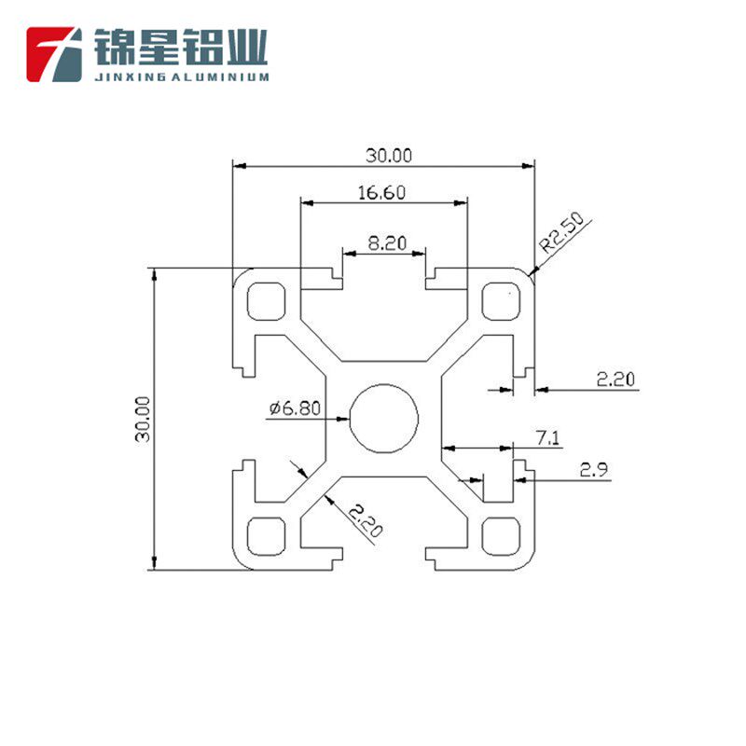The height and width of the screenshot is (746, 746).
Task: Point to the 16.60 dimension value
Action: click(x=381, y=193)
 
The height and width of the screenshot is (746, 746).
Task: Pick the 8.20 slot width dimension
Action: click(x=387, y=243)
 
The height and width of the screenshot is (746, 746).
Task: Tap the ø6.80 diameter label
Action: click(x=296, y=408)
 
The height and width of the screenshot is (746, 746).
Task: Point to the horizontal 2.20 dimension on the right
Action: click(x=615, y=379)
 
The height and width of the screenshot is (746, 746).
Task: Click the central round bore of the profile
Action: click(x=384, y=418)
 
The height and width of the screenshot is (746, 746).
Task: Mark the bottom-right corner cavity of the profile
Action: click(x=501, y=534)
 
